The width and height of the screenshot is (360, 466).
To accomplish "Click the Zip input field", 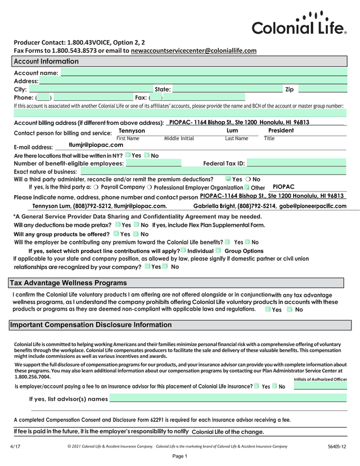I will (x=322, y=89).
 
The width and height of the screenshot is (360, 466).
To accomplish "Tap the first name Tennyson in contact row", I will (x=132, y=131).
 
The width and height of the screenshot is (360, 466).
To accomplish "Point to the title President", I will (x=281, y=131).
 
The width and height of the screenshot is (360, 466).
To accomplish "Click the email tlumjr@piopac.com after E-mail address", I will (x=100, y=145).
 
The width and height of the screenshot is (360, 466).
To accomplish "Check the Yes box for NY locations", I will (x=128, y=155).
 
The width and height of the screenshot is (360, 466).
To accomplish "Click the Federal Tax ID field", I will (x=296, y=163).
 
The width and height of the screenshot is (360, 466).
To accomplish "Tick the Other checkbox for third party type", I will (x=246, y=187).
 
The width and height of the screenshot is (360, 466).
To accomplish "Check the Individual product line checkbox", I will (x=183, y=250).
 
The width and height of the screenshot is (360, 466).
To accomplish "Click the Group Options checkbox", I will (x=218, y=250).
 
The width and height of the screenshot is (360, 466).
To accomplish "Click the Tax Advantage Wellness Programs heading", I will (x=68, y=283).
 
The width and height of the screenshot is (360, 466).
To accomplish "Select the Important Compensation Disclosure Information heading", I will (x=91, y=325).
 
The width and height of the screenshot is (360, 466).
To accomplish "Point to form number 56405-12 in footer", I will (x=336, y=446).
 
